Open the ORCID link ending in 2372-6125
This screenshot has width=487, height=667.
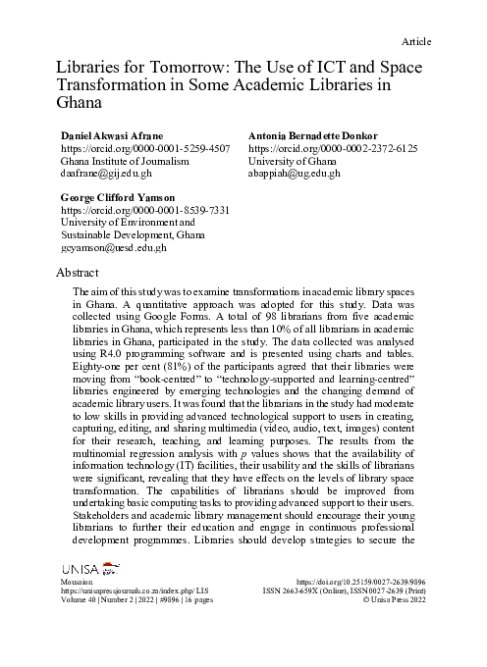[333, 147]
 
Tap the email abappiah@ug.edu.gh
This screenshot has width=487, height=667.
[295, 173]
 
